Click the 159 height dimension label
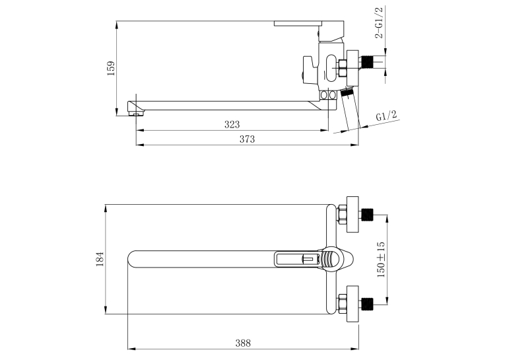click(111, 68)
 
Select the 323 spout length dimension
click(232, 124)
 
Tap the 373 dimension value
click(247, 139)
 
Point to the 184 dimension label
click(100, 259)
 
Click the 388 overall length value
click(243, 343)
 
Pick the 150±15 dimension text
click(381, 260)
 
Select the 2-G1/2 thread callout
click(380, 22)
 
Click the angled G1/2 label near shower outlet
click(386, 116)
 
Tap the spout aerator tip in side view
click(136, 114)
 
